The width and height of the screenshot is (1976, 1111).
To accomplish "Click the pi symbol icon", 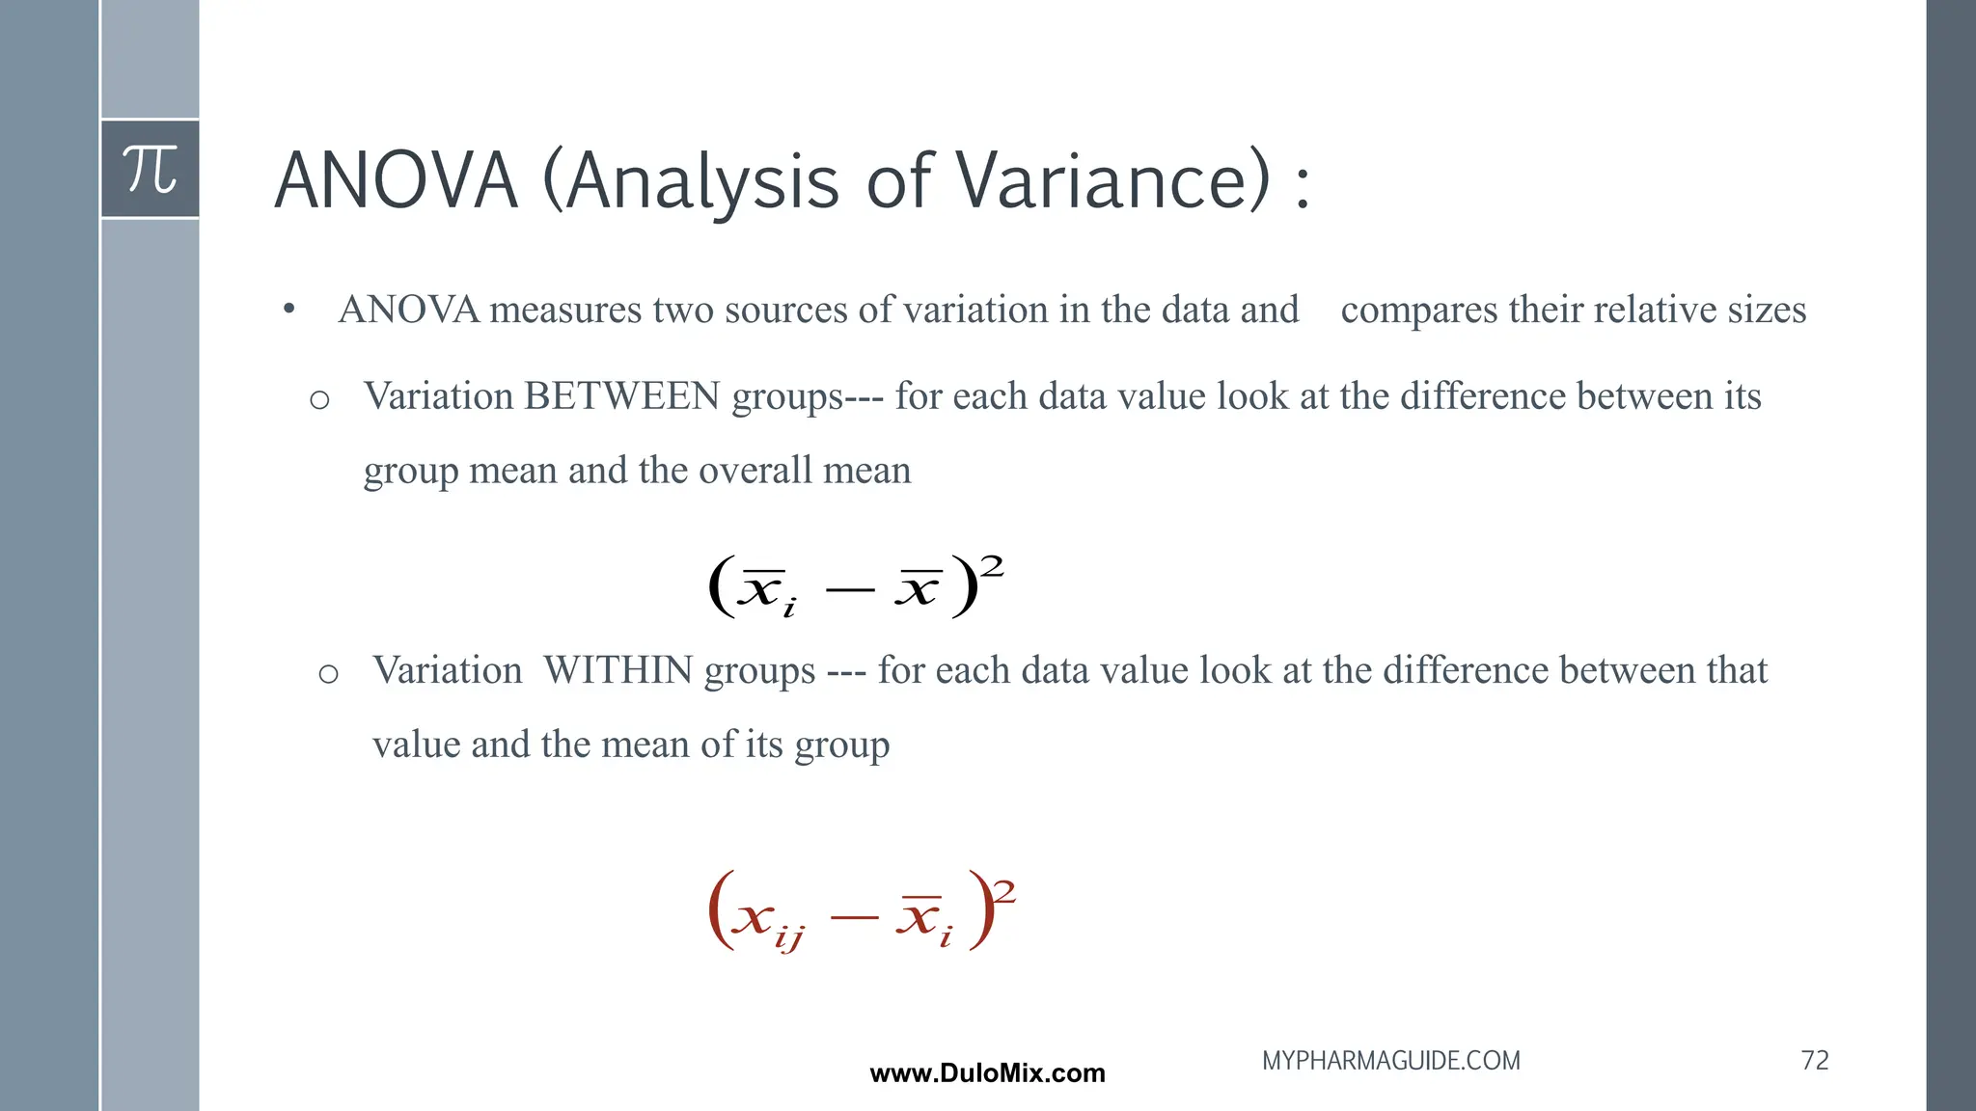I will [151, 169].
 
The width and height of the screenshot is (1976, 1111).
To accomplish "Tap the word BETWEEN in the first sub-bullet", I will [621, 396].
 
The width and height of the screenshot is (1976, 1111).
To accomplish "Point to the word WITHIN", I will [617, 670].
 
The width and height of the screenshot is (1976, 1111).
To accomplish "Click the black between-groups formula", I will [855, 585].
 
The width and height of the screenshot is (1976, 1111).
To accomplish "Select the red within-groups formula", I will [860, 911].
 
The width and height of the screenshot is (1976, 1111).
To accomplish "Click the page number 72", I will [1814, 1061].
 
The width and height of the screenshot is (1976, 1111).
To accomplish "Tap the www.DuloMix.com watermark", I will [987, 1073].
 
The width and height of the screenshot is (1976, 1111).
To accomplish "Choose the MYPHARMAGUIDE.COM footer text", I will [1390, 1061].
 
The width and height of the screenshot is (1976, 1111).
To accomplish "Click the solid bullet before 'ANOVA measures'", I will [288, 310].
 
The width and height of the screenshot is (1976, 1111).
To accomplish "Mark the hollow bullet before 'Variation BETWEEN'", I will [319, 399].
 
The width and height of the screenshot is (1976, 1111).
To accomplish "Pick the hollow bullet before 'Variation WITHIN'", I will [328, 673].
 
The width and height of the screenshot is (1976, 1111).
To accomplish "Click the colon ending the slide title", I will [1303, 184].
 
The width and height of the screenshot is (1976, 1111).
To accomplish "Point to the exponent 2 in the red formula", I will [1004, 891].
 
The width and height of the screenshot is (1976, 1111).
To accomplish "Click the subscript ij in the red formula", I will [788, 935].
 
